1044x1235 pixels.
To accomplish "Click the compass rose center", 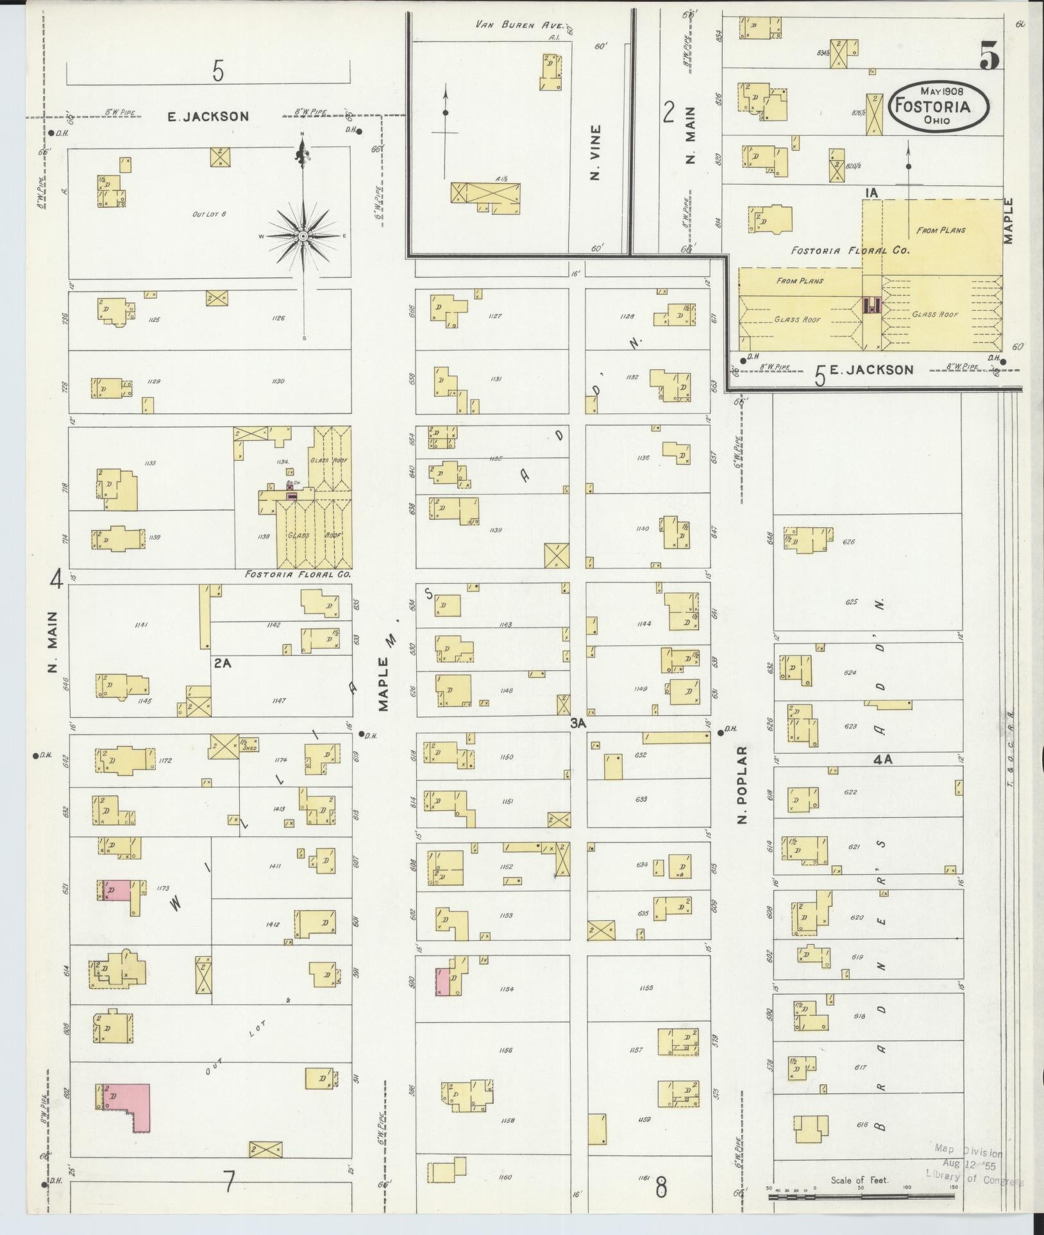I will point(304,236).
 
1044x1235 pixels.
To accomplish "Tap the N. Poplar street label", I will point(743,784).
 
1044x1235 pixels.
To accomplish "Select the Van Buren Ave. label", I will point(519,26).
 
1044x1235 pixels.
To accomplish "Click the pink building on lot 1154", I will point(441,991).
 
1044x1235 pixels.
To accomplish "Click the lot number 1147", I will point(279,701).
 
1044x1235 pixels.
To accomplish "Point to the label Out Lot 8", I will point(210,213).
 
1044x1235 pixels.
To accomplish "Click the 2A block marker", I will point(223,664).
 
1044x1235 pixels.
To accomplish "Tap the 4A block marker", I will point(883,760).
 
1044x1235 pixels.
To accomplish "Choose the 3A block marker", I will point(578,723).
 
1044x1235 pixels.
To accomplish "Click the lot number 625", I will point(852,602).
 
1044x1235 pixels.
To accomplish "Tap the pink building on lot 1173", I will point(117,891).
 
